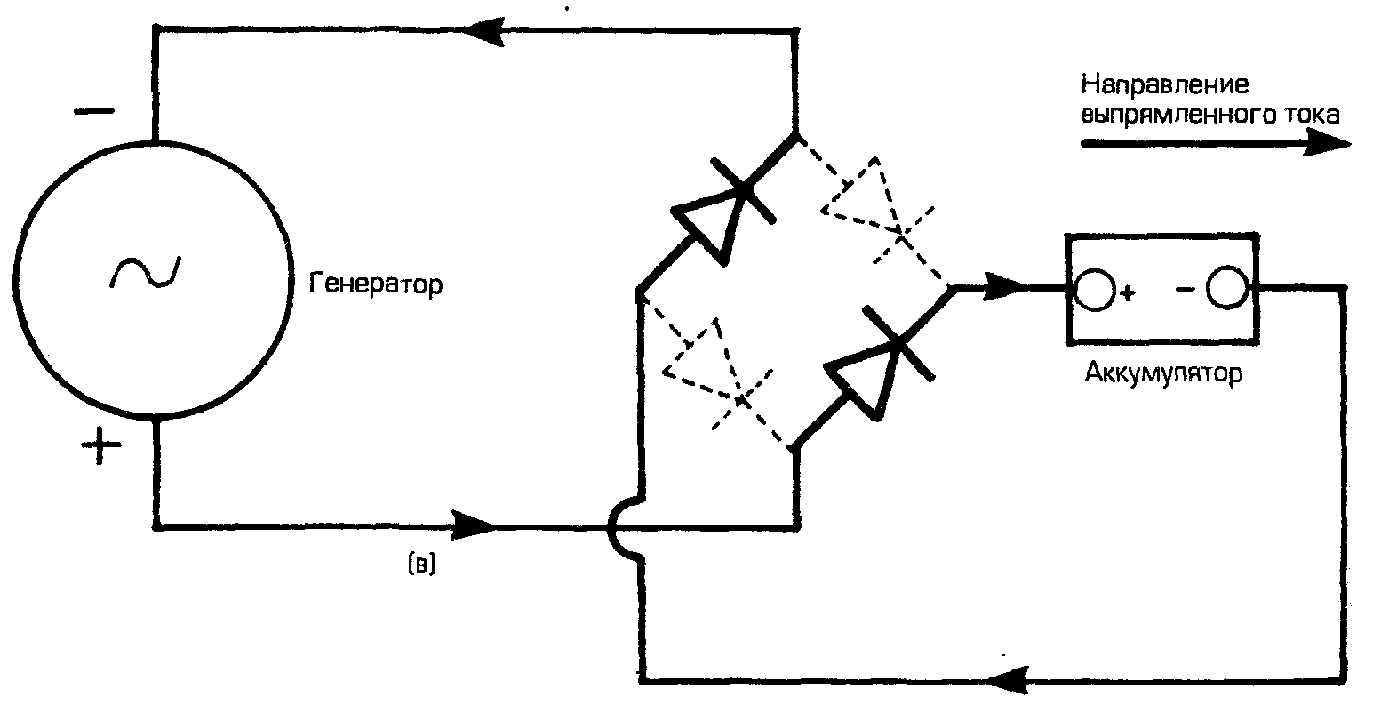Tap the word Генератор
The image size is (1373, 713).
click(376, 285)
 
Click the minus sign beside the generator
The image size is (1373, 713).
click(93, 112)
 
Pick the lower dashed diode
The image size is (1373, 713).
click(715, 373)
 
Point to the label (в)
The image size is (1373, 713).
click(421, 566)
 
